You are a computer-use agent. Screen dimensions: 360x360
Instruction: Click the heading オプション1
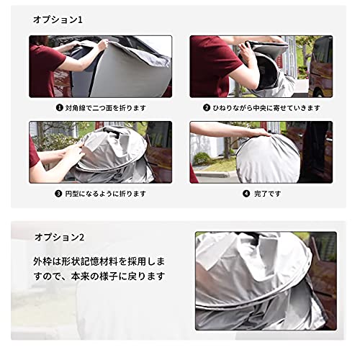(x=58, y=19)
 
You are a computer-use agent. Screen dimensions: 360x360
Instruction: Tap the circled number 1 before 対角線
(x=60, y=108)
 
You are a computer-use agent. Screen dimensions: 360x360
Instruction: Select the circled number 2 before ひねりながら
(x=205, y=108)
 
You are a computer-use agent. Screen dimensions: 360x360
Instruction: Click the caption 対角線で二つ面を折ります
(x=105, y=108)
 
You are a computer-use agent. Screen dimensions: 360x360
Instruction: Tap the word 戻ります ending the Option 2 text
(x=148, y=276)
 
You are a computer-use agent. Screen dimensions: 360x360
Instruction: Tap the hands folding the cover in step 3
(x=72, y=155)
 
